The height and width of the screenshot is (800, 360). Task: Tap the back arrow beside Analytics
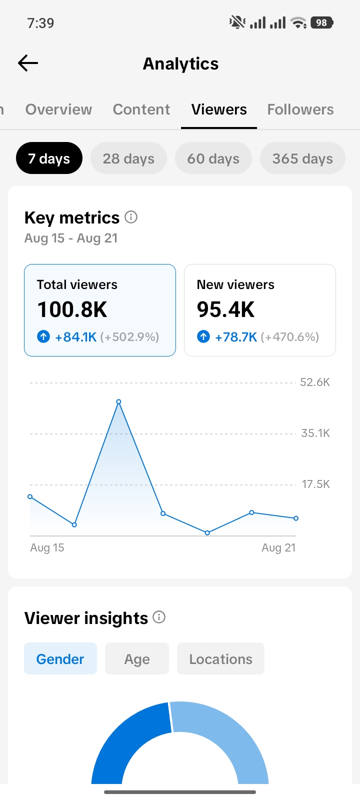[x=28, y=63]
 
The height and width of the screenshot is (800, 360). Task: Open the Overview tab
[x=58, y=109]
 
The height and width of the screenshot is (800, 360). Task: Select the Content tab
[x=141, y=109]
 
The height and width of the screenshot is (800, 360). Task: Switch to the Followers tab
[x=300, y=109]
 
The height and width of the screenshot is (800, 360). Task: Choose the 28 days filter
[x=128, y=158]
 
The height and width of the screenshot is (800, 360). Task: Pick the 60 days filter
[x=213, y=158]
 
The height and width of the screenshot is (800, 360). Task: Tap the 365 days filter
[x=302, y=158]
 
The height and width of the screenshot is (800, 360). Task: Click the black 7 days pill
[x=49, y=158]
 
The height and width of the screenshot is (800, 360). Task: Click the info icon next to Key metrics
[x=131, y=217]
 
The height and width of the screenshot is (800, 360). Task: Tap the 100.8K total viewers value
[x=72, y=309]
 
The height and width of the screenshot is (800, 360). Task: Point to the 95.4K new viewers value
[x=225, y=309]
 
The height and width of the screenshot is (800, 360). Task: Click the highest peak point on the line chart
[x=119, y=402]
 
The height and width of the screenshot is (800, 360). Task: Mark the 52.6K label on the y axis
[x=315, y=382]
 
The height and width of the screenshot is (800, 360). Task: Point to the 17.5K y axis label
[x=315, y=484]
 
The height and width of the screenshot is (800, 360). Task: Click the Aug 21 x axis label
[x=278, y=547]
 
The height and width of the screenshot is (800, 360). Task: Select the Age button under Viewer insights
[x=137, y=658]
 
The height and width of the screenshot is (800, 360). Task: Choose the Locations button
[x=220, y=658]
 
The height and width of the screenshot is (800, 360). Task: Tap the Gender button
[x=60, y=658]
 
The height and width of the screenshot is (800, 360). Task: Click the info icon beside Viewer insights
[x=159, y=617]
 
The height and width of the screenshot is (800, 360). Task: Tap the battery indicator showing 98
[x=322, y=23]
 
